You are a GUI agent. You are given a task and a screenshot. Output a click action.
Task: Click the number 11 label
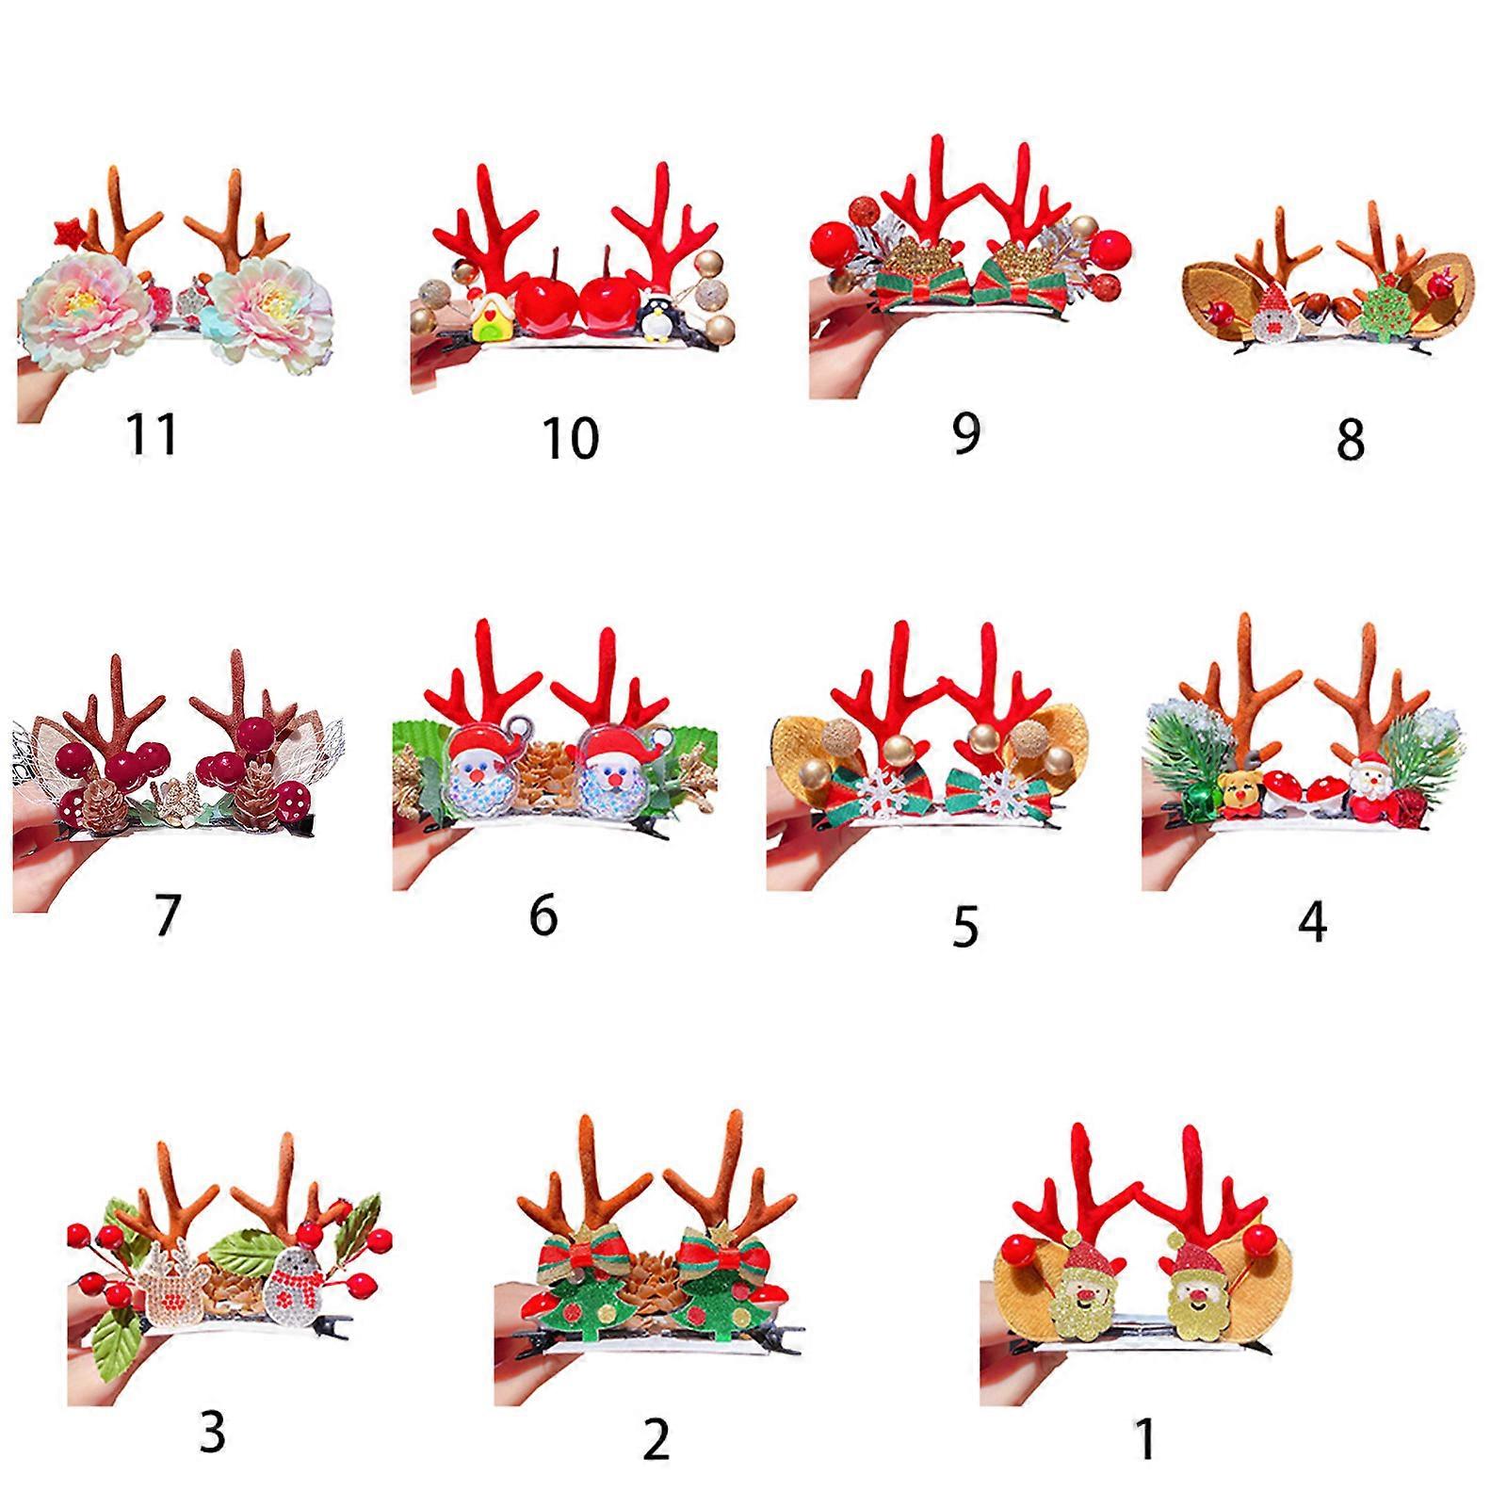[x=153, y=434]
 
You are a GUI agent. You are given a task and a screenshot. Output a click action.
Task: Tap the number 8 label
[x=1350, y=439]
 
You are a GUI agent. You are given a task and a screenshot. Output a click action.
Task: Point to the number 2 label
[x=656, y=1438]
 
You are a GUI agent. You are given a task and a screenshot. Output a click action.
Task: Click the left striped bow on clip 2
[x=571, y=1257]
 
